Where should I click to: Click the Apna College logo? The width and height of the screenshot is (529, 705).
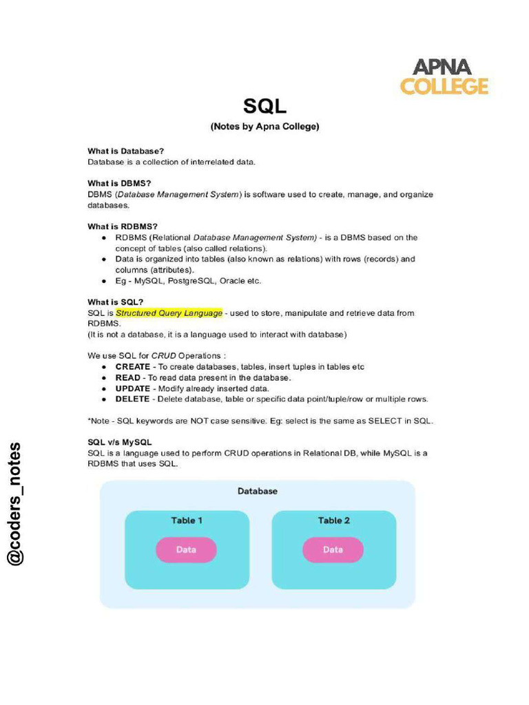click(444, 76)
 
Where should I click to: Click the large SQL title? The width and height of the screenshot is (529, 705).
click(264, 106)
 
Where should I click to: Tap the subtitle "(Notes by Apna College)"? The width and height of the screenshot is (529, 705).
click(264, 127)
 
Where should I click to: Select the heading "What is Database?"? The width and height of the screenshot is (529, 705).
click(125, 151)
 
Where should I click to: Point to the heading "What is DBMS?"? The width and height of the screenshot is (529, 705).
click(119, 183)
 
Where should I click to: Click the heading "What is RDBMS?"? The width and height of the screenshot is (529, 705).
click(123, 227)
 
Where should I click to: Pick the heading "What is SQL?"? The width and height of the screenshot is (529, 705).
click(115, 302)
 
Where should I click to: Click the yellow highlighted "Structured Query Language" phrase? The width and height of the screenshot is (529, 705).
click(169, 313)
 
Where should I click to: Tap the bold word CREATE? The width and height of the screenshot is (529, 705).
click(132, 367)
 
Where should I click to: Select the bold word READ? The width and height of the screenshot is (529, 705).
click(127, 377)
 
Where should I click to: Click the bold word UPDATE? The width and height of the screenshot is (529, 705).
click(132, 388)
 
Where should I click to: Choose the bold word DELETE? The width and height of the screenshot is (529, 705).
click(132, 399)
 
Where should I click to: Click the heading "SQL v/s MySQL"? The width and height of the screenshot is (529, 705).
click(120, 442)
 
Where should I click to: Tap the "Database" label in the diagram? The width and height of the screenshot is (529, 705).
click(258, 491)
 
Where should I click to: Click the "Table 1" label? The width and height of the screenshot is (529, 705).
click(187, 520)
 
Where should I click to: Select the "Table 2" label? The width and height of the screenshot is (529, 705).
click(333, 520)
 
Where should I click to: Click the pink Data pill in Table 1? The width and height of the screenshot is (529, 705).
click(186, 549)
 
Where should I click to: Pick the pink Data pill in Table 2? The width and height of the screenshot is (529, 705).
click(333, 549)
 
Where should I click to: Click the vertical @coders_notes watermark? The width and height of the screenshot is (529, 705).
click(15, 503)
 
